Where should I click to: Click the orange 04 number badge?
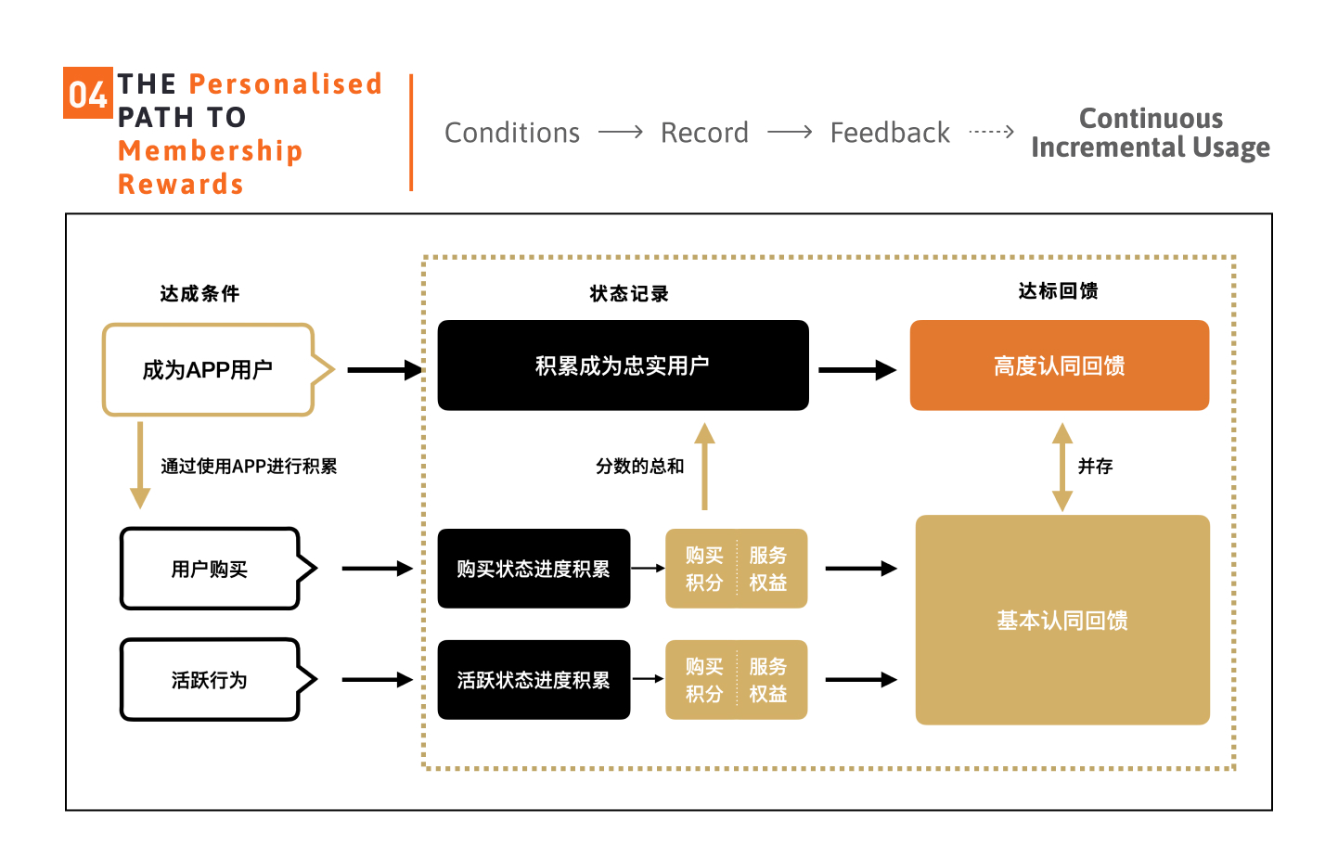pyautogui.click(x=87, y=93)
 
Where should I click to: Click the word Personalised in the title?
pyautogui.click(x=285, y=84)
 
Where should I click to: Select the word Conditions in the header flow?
pyautogui.click(x=512, y=133)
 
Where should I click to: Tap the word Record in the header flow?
pyautogui.click(x=704, y=133)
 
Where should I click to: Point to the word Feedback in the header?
pyautogui.click(x=890, y=133)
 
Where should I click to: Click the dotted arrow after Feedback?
pyautogui.click(x=991, y=133)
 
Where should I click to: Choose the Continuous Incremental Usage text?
pyautogui.click(x=1151, y=133)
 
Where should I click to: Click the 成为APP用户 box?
pyautogui.click(x=208, y=370)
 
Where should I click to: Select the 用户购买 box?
pyautogui.click(x=210, y=569)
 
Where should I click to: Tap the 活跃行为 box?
pyautogui.click(x=210, y=680)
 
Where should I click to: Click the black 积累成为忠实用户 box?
pyautogui.click(x=623, y=365)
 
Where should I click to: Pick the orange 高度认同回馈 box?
pyautogui.click(x=1059, y=365)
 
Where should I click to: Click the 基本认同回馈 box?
pyautogui.click(x=1062, y=620)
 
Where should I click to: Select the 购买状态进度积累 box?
pyautogui.click(x=534, y=569)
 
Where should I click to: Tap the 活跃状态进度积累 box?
pyautogui.click(x=534, y=680)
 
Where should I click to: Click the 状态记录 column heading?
pyautogui.click(x=629, y=294)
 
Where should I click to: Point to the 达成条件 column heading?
pyautogui.click(x=199, y=294)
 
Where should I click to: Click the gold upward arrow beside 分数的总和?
pyautogui.click(x=704, y=466)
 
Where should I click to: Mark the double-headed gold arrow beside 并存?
pyautogui.click(x=1062, y=467)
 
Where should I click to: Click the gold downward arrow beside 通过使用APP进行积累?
pyautogui.click(x=140, y=466)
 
